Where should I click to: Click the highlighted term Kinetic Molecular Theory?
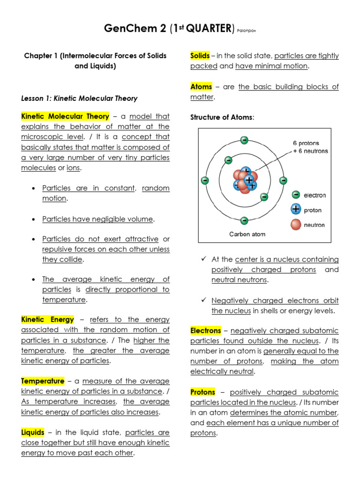(x=65, y=116)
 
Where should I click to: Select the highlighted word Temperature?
(x=43, y=381)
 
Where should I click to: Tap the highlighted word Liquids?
(x=33, y=432)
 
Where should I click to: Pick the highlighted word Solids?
(x=200, y=56)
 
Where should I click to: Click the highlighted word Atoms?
(x=201, y=87)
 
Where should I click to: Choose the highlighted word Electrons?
(x=206, y=330)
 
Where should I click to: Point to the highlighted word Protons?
(x=203, y=392)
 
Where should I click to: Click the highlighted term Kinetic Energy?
(x=47, y=320)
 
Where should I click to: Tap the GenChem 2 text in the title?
(x=135, y=29)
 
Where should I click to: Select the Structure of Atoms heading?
(x=222, y=117)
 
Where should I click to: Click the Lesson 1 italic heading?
(x=79, y=98)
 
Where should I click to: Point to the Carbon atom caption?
(x=247, y=234)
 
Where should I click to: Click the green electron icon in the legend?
(x=295, y=195)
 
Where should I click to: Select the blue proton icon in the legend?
(x=295, y=210)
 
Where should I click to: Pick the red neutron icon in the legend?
(x=295, y=225)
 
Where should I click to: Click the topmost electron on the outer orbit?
(x=244, y=140)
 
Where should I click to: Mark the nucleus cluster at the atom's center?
(x=245, y=180)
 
